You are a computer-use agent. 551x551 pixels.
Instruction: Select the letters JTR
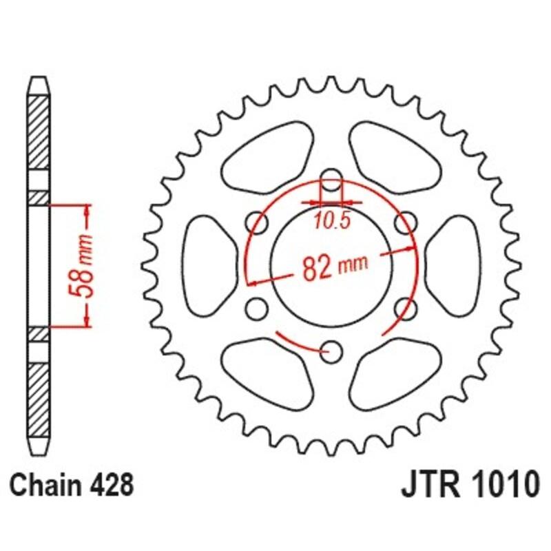click(x=425, y=485)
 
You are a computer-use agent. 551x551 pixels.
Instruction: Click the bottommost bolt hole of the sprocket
click(x=332, y=352)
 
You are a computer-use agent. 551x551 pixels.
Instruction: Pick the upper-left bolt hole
click(x=258, y=222)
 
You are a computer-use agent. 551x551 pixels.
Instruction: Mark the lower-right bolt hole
click(x=407, y=309)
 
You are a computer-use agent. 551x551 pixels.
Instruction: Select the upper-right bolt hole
click(x=407, y=222)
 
